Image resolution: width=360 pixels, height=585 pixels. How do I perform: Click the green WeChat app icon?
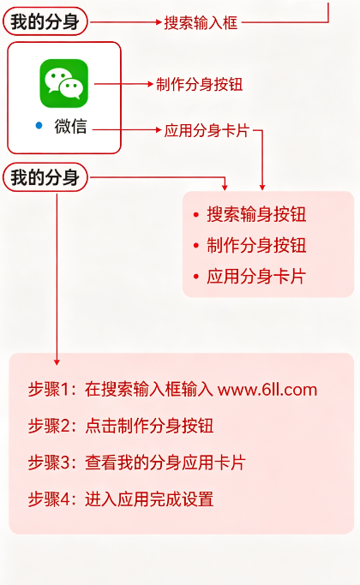pos(64,83)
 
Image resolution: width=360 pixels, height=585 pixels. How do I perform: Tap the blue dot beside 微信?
pos(39,126)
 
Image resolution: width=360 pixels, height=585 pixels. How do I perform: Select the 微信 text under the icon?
pos(70,126)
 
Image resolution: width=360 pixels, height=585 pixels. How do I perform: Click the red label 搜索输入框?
pos(201,23)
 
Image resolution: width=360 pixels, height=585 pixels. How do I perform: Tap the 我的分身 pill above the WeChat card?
pos(45,21)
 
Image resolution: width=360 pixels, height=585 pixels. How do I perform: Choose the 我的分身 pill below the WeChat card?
pos(45,177)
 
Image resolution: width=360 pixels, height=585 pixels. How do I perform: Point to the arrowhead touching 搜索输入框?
pos(159,22)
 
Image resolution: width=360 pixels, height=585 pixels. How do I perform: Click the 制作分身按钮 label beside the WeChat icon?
pos(200,84)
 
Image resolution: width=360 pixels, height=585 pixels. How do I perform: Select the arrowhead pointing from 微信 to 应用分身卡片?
pos(159,130)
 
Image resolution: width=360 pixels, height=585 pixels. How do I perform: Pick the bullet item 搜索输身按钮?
pos(256,214)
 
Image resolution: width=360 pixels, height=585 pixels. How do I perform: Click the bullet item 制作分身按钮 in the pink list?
pos(256,246)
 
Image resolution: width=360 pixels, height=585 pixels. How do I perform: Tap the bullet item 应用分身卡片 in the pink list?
pos(256,277)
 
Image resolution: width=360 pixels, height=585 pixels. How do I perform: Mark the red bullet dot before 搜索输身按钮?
pos(196,214)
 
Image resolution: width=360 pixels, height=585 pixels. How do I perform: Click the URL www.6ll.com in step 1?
pos(267,390)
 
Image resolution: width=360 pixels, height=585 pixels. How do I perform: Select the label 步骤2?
pos(50,426)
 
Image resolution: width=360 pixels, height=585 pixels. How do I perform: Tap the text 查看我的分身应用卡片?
pos(165,463)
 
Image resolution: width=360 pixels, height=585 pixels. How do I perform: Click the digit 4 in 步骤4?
pos(66,499)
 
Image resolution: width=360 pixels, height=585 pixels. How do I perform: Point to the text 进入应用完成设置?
pos(149,499)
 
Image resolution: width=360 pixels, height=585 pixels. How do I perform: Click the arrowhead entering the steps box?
pos(57,362)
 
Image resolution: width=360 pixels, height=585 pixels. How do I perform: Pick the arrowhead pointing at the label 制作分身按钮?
pos(151,84)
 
